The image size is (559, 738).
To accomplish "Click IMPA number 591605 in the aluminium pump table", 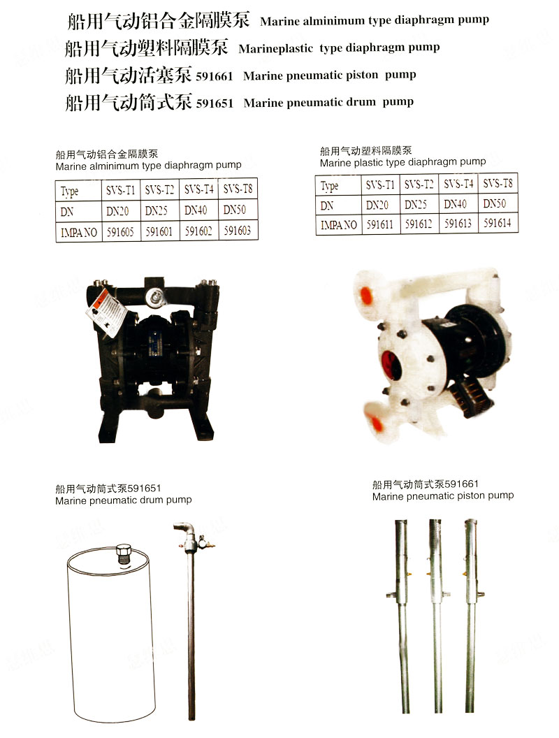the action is tap(120, 231).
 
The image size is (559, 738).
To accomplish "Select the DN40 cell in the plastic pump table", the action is tap(455, 204).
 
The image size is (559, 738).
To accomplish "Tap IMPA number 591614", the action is tap(498, 223).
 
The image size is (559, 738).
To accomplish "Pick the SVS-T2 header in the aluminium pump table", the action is tap(159, 189).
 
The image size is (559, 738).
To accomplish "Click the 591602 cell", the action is tap(198, 231).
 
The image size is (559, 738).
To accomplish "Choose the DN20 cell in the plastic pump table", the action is tap(377, 205).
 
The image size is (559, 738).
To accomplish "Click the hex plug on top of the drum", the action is tap(124, 553).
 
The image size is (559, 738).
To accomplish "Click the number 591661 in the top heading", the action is tap(214, 77).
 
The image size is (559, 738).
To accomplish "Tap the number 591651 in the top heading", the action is tap(215, 103).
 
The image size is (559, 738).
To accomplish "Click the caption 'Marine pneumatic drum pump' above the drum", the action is tap(123, 500).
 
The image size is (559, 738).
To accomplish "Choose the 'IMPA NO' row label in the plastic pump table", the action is tap(339, 225).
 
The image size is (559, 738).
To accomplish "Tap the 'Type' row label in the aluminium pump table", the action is tap(70, 191).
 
